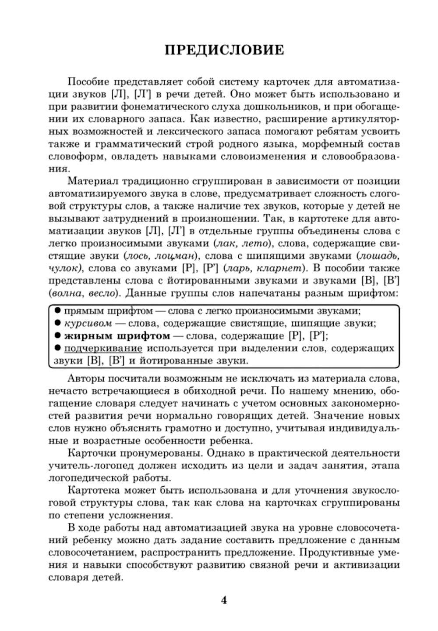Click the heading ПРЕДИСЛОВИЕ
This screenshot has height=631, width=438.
tap(224, 50)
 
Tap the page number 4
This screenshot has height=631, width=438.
tap(224, 600)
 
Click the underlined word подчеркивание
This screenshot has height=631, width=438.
tap(103, 349)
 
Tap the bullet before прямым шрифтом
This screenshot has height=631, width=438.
tap(57, 311)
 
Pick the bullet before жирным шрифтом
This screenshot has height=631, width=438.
tap(57, 336)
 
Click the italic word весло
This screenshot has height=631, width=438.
tap(105, 293)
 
